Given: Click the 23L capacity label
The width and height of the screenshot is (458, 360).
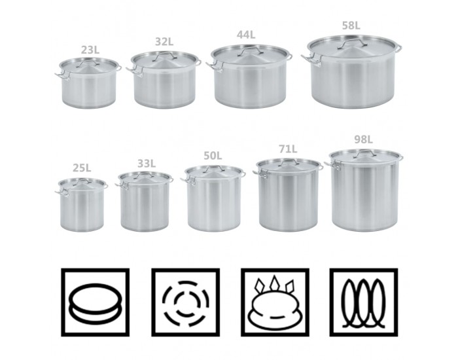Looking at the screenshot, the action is coord(90,50).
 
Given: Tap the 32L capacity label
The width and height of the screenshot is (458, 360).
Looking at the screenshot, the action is coord(164,42).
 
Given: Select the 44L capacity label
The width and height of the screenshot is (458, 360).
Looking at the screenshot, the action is coord(246,35).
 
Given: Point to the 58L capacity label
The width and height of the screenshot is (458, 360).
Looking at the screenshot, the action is coord(351,26).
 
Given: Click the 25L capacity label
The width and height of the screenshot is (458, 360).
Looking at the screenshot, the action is coord(82,168).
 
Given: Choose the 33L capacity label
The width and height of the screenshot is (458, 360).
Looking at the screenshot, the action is coord(147,164).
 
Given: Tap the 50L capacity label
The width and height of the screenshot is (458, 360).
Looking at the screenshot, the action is coord(213,156).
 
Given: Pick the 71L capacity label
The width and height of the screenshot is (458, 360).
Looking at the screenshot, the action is coord(288,149).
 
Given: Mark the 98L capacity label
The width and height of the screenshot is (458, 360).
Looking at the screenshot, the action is coord(363,139).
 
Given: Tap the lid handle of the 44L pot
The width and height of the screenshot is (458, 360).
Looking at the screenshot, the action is coord(250,50).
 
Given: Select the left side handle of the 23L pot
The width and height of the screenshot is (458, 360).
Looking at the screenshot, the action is coord(62,75).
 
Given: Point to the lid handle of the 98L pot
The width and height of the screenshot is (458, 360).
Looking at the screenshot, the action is coord(364,153).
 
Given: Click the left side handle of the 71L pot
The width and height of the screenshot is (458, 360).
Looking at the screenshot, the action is coord(262,175).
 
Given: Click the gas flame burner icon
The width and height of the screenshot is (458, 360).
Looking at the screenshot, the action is coord(274,302).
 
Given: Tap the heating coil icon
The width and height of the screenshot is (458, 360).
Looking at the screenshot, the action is coord(363,303).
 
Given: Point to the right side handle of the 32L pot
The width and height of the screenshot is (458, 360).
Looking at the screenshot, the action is coord(197,62).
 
